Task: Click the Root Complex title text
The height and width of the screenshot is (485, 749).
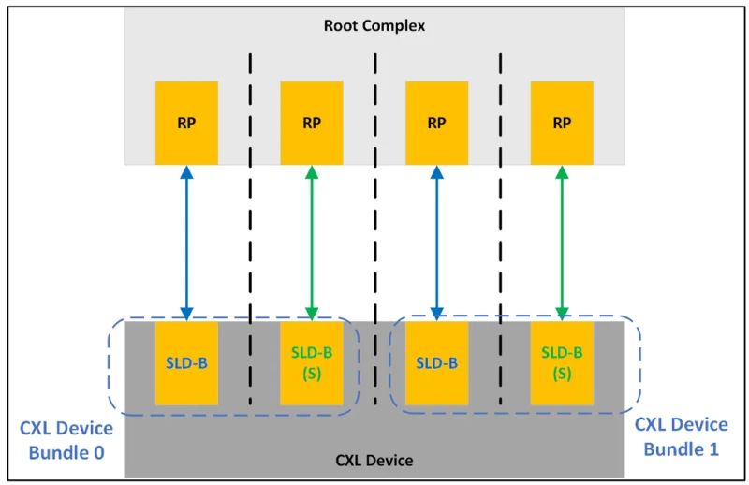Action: tap(374, 25)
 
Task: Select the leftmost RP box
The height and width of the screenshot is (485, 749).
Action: tap(186, 123)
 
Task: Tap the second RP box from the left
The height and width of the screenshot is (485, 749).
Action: tap(312, 123)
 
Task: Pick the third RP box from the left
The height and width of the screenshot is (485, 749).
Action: tap(436, 123)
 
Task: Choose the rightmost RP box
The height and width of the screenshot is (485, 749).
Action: tap(562, 123)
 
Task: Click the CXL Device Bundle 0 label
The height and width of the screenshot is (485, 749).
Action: tap(66, 438)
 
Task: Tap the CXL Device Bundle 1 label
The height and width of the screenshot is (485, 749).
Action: tap(682, 436)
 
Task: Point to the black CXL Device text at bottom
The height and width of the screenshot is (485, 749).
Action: tap(374, 461)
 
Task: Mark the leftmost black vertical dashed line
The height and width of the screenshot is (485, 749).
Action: tap(250, 234)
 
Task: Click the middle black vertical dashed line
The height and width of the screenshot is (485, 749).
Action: tap(374, 234)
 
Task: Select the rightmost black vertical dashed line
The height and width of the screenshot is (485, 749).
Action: tap(499, 234)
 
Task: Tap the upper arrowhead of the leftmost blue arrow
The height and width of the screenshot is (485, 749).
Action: tap(186, 172)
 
